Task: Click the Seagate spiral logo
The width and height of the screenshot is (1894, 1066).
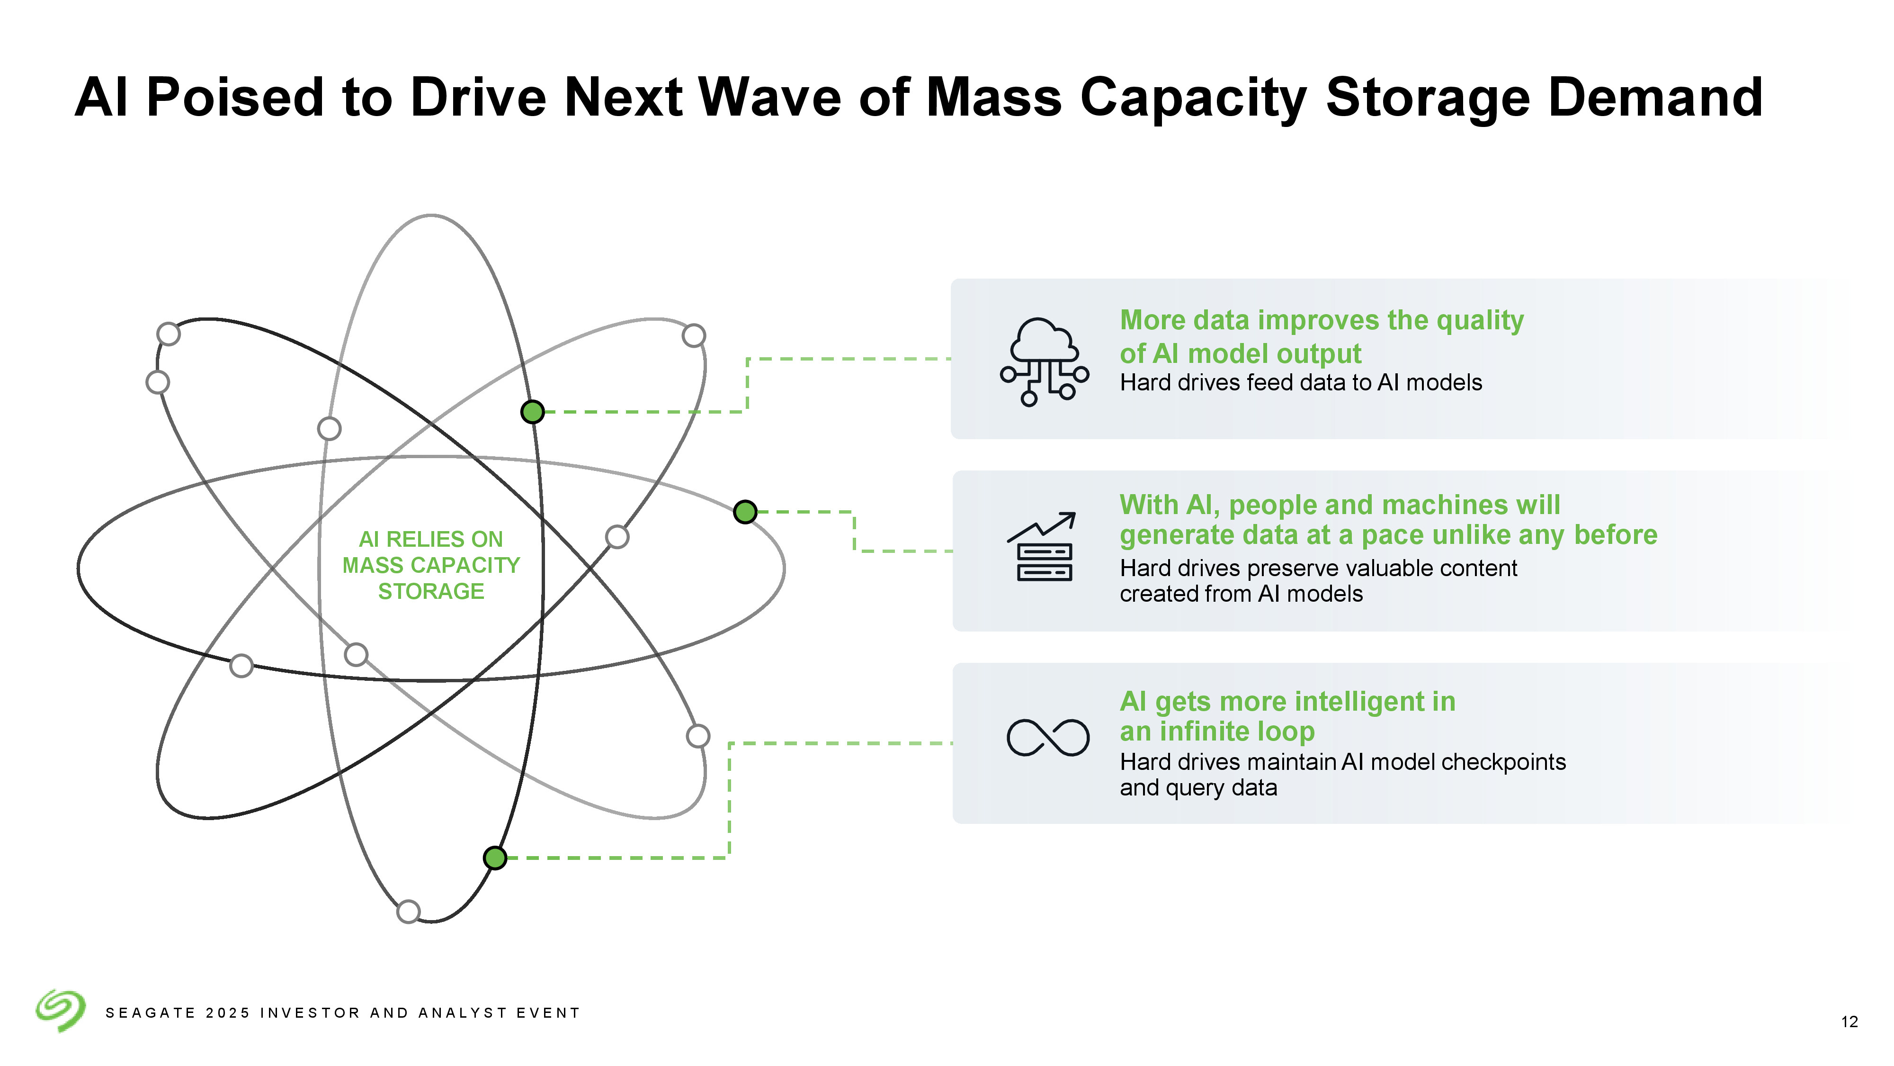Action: click(x=60, y=1010)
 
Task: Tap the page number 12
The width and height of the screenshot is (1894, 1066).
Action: click(x=1849, y=1022)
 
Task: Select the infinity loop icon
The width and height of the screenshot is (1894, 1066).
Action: click(x=1048, y=737)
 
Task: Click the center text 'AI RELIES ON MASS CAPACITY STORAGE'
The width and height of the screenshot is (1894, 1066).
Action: click(x=431, y=565)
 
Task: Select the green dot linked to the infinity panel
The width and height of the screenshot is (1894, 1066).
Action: click(x=495, y=858)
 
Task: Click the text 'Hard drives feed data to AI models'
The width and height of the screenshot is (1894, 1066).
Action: click(x=1301, y=382)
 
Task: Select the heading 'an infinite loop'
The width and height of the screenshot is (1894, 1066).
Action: click(x=1217, y=732)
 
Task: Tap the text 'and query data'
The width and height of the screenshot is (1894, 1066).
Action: click(x=1198, y=788)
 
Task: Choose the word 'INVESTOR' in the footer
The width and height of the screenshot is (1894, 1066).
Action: click(x=310, y=1013)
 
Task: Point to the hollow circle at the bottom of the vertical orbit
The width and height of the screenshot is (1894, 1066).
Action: click(x=408, y=912)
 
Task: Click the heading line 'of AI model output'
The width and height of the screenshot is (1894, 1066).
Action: click(x=1241, y=354)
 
